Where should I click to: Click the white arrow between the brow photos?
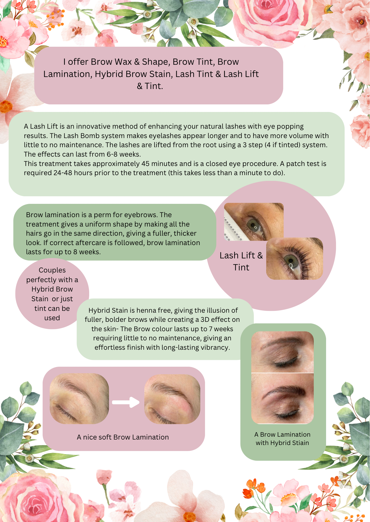(x=126, y=402)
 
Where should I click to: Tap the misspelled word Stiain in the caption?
(x=301, y=443)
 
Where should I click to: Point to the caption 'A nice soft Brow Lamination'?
(x=123, y=437)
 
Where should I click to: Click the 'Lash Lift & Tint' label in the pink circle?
(x=241, y=261)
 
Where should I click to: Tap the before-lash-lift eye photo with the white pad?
(x=254, y=222)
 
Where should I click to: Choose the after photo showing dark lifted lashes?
(x=295, y=259)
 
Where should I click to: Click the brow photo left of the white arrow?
(x=79, y=399)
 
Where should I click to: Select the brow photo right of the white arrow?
(x=172, y=399)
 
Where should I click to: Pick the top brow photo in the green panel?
(x=282, y=352)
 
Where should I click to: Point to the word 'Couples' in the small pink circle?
(x=52, y=270)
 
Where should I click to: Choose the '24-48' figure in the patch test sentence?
(x=63, y=173)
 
